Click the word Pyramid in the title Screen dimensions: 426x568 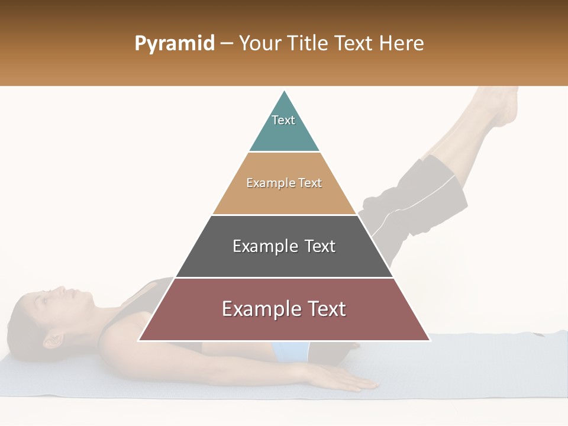[175, 44]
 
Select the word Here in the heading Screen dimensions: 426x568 [401, 43]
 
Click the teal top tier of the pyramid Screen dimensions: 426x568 [284, 133]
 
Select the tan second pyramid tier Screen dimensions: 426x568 [284, 198]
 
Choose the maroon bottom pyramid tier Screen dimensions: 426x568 [284, 325]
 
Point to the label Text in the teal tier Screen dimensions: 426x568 [283, 120]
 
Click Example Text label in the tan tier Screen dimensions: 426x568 [284, 183]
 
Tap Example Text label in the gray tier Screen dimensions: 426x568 [284, 246]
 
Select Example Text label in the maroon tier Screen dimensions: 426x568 [284, 309]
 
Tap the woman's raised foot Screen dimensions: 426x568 [500, 106]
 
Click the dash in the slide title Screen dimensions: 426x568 [227, 44]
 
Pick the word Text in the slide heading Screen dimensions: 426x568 [354, 43]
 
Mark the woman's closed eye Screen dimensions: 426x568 [46, 299]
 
